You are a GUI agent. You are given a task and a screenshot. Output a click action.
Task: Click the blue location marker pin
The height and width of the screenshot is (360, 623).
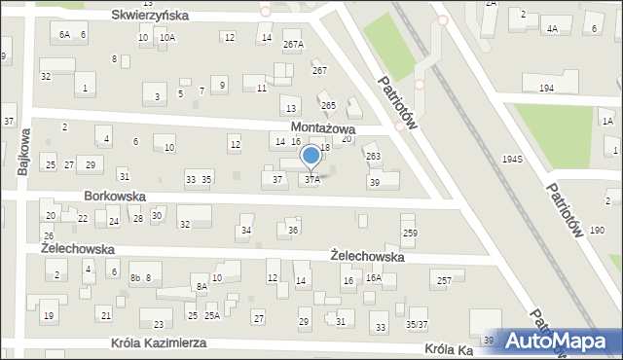pos(311,156)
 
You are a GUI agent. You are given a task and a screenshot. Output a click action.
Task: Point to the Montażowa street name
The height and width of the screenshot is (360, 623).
pos(322,128)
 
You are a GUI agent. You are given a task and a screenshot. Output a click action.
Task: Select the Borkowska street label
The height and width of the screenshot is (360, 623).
pos(115,196)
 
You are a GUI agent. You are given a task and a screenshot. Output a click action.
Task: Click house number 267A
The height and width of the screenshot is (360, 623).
pos(293,45)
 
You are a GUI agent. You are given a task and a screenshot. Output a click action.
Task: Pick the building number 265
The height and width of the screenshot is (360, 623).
pos(329,105)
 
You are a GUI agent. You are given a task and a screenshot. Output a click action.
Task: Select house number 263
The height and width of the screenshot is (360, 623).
pos(373,156)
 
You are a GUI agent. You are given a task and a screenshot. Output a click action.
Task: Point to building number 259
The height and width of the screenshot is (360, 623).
pos(410,233)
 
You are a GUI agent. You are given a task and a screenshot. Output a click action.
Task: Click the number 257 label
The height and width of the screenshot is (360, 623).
pos(444,280)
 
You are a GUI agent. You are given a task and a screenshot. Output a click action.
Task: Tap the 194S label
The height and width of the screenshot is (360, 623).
pos(512,159)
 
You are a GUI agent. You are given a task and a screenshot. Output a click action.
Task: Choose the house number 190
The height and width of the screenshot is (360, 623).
pos(597,230)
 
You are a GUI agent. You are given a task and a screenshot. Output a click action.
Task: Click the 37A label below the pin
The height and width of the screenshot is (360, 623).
pos(311,180)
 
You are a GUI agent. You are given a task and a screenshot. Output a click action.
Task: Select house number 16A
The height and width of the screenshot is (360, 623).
pos(373,278)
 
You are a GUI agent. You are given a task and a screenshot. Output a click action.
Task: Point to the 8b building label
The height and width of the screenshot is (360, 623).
pos(135,278)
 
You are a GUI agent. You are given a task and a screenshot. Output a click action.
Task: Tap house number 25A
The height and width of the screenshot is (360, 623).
pos(211,316)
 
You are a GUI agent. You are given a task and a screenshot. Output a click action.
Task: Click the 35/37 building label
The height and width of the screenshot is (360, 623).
pos(417,324)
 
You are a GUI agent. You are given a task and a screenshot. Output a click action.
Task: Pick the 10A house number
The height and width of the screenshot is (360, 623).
pos(167,38)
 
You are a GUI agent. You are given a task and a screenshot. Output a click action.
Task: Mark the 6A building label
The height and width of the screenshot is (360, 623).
pos(64,35)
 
